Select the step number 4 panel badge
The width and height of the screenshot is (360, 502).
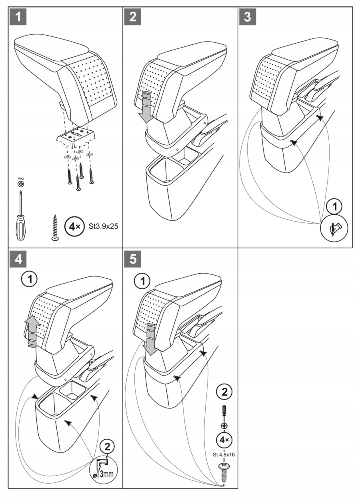(x=18, y=260)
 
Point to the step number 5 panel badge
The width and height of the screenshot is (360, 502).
(x=133, y=260)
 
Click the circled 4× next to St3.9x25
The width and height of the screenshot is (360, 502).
(x=75, y=226)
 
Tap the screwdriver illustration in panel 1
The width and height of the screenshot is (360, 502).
(x=20, y=216)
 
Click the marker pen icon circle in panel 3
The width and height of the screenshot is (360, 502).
(x=334, y=228)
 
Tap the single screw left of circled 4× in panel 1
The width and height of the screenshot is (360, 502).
(x=55, y=227)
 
